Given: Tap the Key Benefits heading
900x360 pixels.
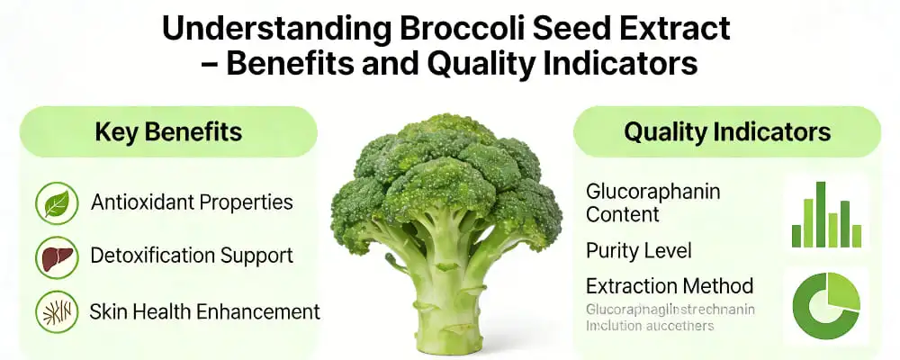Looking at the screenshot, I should pos(168,132).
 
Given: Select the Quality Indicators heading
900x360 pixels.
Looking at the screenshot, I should pos(727,132).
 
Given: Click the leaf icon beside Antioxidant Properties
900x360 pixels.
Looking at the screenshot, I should pos(57,203).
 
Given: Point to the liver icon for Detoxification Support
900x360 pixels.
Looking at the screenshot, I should pos(57,257).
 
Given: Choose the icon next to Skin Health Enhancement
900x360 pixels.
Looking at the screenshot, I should pos(57,312).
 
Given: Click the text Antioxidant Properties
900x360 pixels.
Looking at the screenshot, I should pos(192,202).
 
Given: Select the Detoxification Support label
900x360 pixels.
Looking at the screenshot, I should pos(192,256).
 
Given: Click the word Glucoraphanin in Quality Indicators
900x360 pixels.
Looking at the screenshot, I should pos(652,192).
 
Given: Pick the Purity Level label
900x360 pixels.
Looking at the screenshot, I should pos(638,249).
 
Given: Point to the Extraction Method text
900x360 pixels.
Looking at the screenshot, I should pos(670,286).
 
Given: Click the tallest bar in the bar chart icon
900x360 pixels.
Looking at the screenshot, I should pos(821,214).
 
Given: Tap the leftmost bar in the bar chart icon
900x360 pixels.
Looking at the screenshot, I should pos(796,236).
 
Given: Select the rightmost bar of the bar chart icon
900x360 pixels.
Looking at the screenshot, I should pos(857,236).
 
